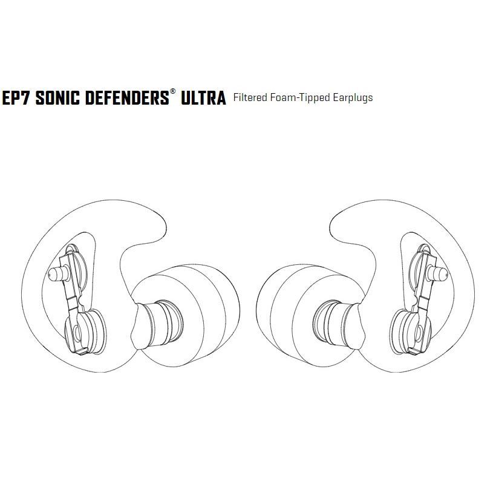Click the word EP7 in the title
(17, 97)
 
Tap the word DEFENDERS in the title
(127, 97)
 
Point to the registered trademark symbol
(173, 91)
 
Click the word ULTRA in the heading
(203, 97)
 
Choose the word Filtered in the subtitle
(250, 97)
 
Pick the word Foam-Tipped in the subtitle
(300, 98)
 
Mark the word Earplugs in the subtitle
(353, 98)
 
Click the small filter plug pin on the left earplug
(58, 273)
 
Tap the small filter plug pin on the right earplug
(437, 273)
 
